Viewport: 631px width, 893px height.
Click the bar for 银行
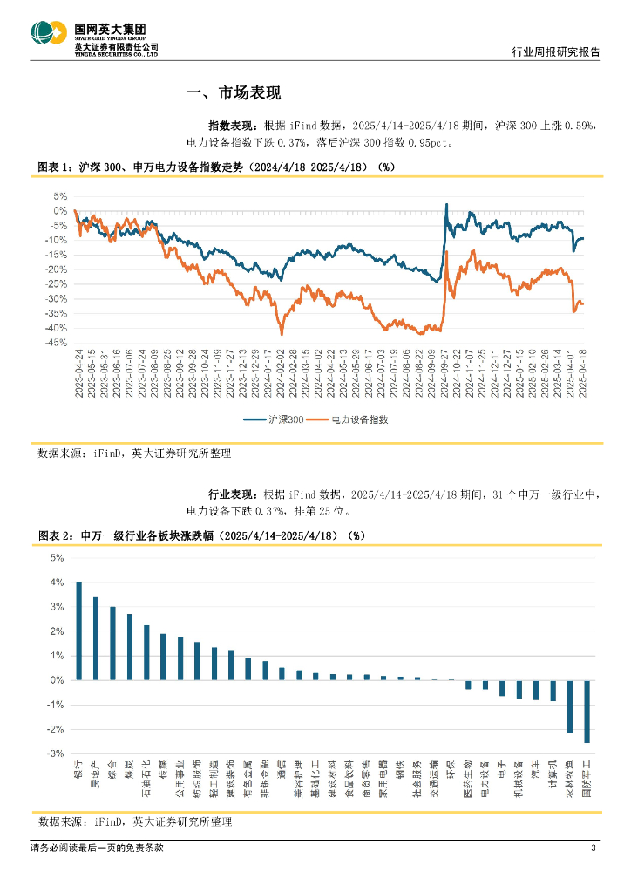[x=78, y=630]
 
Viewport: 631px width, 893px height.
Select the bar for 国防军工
[x=587, y=711]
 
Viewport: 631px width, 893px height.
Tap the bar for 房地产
[x=96, y=637]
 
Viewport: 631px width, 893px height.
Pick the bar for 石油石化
[x=146, y=651]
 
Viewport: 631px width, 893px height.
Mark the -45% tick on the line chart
[x=55, y=343]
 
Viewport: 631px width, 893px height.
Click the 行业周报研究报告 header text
[x=554, y=52]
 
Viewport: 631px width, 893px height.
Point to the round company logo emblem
[x=47, y=37]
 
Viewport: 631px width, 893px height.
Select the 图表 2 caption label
[x=54, y=535]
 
